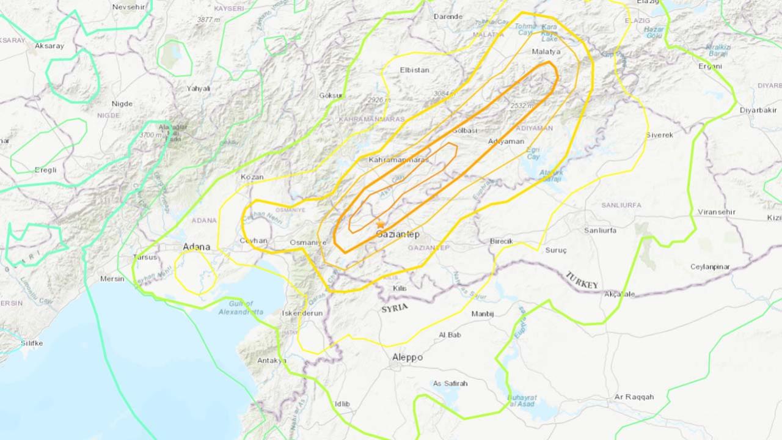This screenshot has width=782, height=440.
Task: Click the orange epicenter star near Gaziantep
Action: (x=381, y=225)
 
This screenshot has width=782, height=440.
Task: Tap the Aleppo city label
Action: (x=407, y=358)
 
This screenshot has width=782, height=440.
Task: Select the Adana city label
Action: (x=197, y=247)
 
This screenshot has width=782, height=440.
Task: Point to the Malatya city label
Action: (x=546, y=52)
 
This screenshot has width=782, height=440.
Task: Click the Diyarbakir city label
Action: (x=758, y=110)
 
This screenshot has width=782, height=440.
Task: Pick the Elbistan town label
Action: (x=414, y=70)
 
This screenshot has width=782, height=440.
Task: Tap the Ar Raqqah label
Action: (x=634, y=397)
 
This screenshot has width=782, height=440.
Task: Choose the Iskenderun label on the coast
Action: (x=302, y=313)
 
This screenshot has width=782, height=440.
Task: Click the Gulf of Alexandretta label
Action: (x=241, y=308)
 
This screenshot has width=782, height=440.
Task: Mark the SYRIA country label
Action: (x=394, y=308)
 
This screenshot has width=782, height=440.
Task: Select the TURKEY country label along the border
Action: (x=582, y=280)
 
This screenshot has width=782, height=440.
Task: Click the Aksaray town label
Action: (x=49, y=46)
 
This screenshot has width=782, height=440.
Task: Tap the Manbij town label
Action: (x=482, y=313)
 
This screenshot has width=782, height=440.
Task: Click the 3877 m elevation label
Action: (x=208, y=20)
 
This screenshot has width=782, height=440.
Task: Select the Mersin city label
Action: (x=112, y=279)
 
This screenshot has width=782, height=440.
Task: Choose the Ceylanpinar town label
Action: (x=718, y=266)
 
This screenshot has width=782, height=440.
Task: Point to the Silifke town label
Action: (x=32, y=343)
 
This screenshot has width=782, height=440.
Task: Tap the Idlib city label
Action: (x=342, y=404)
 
